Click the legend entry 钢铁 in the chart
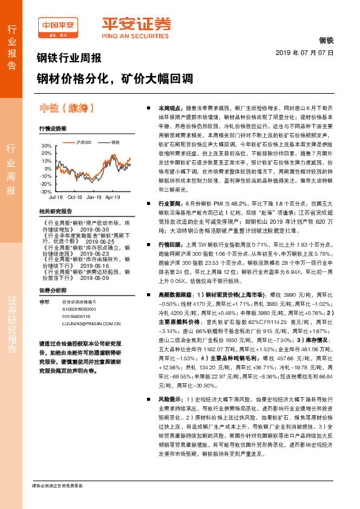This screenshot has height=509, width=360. [115, 141]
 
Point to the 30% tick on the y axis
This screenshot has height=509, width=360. [47, 146]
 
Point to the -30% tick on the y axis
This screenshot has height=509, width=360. [46, 191]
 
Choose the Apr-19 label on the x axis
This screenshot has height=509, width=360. [113, 198]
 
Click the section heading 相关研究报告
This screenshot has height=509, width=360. [55, 212]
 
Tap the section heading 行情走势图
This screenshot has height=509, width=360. [53, 129]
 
